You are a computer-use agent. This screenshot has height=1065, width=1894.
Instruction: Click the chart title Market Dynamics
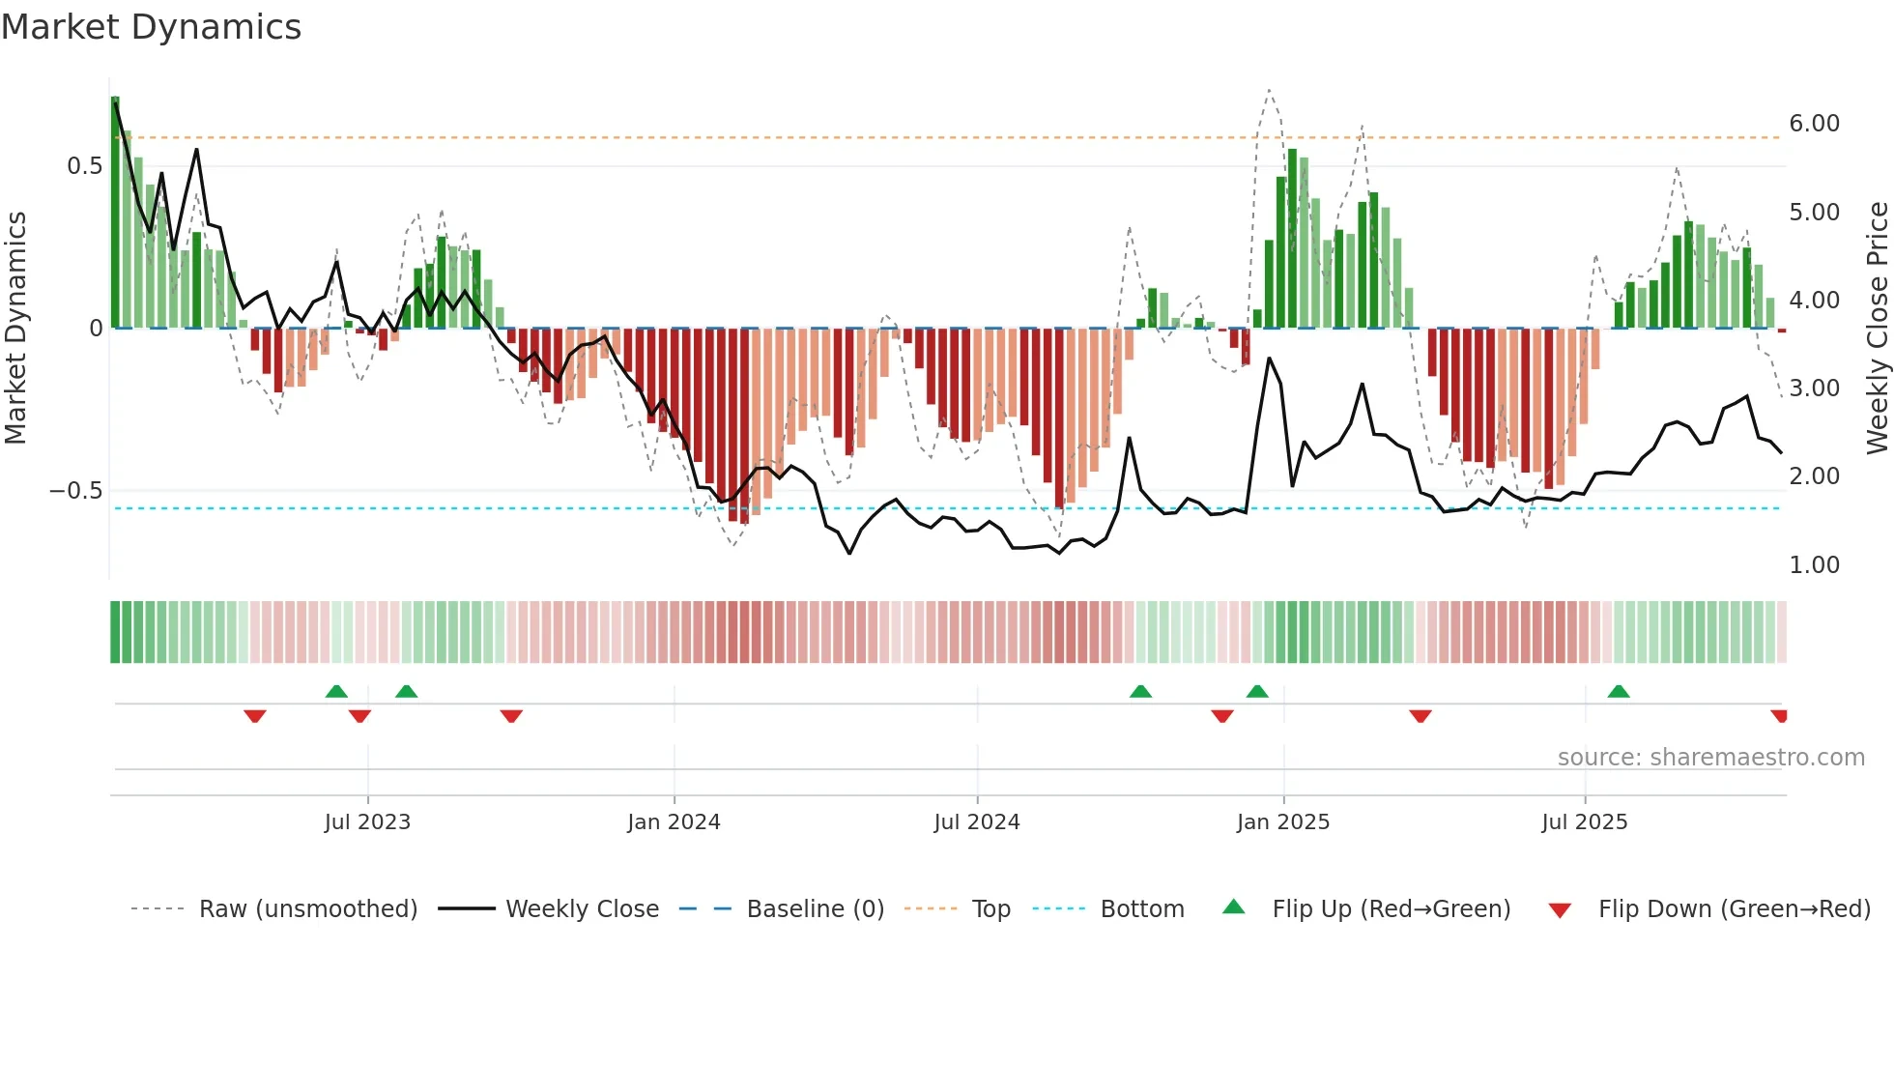point(151,27)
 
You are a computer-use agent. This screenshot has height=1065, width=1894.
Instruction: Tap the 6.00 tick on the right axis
point(1814,124)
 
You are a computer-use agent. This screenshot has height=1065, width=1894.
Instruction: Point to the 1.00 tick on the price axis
point(1814,565)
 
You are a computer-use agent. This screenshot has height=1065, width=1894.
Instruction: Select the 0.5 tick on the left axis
point(84,166)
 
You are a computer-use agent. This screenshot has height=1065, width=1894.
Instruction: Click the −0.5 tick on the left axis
point(75,491)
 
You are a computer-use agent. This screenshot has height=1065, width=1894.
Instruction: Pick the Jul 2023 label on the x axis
point(367,822)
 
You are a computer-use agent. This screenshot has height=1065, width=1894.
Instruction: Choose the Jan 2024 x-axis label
point(674,822)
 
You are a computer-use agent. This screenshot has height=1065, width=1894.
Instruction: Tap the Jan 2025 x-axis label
point(1283,822)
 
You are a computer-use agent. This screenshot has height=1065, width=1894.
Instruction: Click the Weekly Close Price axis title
point(1877,329)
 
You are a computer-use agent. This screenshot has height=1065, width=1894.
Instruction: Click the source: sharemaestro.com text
point(1710,758)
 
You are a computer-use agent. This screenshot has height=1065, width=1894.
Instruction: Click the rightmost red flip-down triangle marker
point(1779,716)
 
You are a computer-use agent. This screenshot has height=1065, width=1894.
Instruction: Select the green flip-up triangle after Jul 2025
point(1619,691)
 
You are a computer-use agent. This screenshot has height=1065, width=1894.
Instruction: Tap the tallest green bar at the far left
point(115,213)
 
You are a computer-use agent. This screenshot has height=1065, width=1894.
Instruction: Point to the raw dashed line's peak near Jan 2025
point(1269,90)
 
